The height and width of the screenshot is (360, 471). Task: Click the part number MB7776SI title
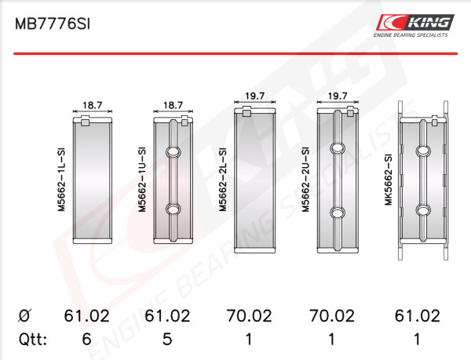[53, 24]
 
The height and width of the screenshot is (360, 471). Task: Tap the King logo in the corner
[414, 26]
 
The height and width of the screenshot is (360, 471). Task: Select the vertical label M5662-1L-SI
[61, 180]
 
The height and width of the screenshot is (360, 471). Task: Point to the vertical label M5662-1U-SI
[142, 180]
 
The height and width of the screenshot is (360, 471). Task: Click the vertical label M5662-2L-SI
[223, 180]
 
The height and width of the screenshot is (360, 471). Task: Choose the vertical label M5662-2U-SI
[305, 180]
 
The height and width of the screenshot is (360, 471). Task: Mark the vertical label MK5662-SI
[389, 180]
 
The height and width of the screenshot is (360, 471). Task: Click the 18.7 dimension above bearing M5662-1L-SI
[93, 105]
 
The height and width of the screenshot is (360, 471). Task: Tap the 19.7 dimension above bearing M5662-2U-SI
[338, 96]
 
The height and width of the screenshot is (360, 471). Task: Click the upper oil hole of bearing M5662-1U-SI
[173, 152]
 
